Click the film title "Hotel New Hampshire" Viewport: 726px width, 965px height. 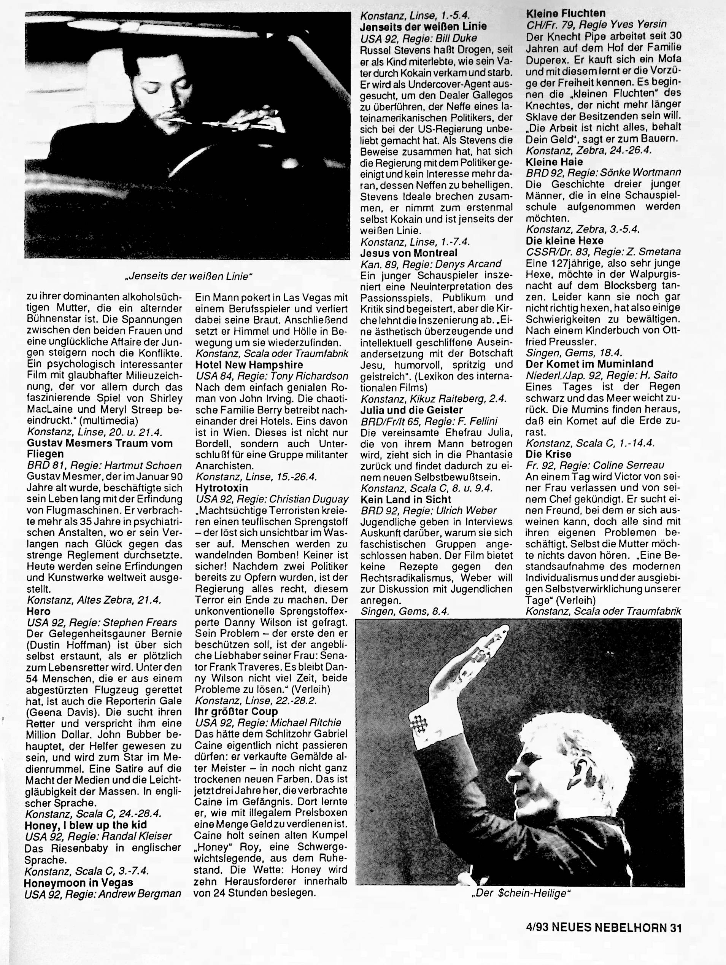(x=249, y=365)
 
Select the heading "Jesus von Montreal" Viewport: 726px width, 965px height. (x=409, y=253)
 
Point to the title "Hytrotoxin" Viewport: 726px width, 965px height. (x=221, y=488)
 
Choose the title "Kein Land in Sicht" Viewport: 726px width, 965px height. (x=406, y=499)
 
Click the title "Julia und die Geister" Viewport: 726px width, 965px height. (x=411, y=410)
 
